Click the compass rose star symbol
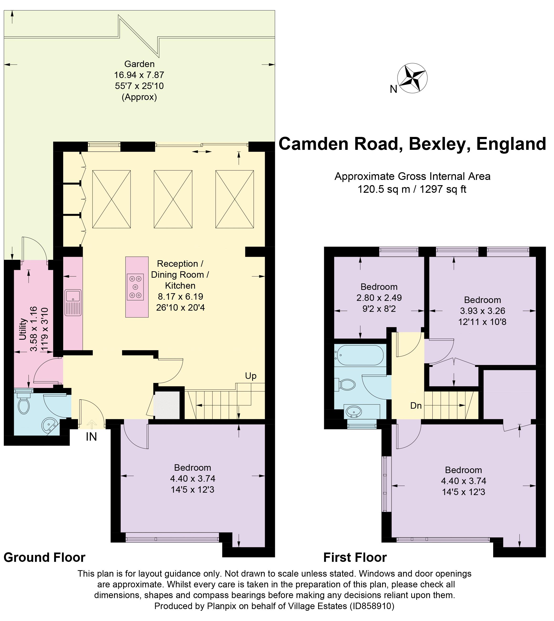412,78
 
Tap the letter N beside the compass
393,89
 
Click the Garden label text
140,64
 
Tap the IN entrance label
91,437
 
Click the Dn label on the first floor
416,405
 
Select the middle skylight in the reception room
173,199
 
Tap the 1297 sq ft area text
443,189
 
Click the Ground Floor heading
44,557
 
